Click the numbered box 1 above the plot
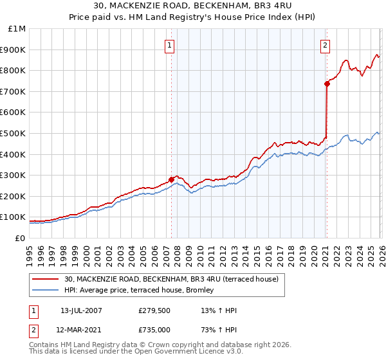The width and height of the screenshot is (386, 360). [x=169, y=45]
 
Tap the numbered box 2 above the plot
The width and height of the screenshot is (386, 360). [x=326, y=45]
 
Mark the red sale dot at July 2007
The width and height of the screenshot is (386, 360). [x=172, y=179]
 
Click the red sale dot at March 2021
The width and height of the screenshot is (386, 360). [x=327, y=84]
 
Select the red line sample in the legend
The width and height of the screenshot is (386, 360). [x=46, y=279]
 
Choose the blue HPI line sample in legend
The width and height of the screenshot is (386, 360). [x=46, y=290]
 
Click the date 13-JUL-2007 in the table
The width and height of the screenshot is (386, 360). [x=81, y=310]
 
